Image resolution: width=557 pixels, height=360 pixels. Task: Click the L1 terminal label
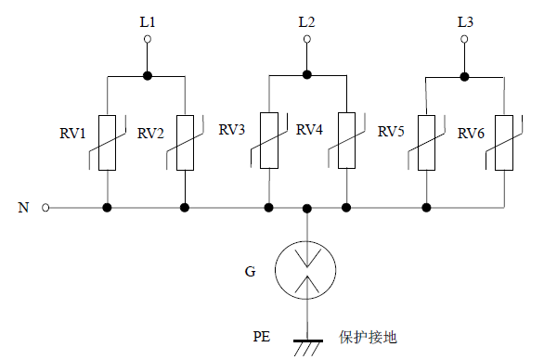click(x=147, y=19)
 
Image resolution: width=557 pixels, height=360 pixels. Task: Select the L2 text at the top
click(x=307, y=19)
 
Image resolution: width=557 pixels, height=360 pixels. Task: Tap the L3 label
click(x=465, y=19)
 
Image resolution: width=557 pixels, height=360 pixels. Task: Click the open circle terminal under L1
click(x=147, y=39)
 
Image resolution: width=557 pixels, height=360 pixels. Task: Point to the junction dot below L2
click(x=307, y=75)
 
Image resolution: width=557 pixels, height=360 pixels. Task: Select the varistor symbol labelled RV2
click(x=186, y=143)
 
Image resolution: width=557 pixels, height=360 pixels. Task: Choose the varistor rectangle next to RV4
click(x=346, y=141)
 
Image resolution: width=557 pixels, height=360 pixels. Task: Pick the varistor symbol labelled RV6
click(x=504, y=143)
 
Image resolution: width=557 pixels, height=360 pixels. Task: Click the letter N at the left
click(x=23, y=208)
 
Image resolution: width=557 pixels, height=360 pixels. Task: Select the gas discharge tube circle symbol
click(x=307, y=270)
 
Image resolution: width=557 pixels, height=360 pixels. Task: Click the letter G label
click(x=251, y=272)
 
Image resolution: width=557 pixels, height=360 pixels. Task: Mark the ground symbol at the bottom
click(x=307, y=346)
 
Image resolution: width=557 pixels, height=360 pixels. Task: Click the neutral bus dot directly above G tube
click(x=307, y=208)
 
